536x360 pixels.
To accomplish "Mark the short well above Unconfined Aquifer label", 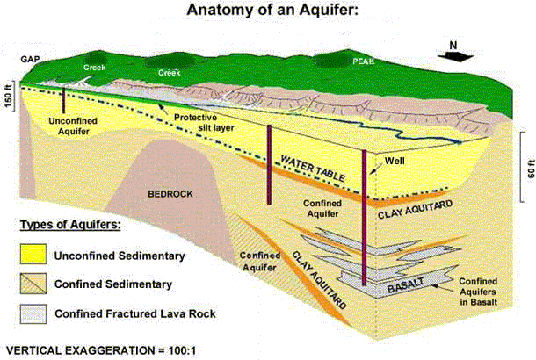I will pyautogui.click(x=63, y=98).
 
